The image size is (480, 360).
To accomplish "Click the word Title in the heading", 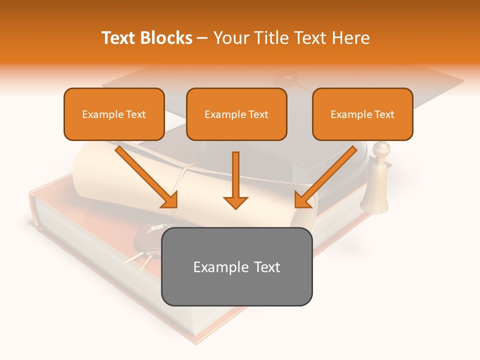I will (272, 38).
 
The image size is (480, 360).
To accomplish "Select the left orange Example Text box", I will (114, 114).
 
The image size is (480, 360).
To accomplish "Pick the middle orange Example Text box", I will (236, 114).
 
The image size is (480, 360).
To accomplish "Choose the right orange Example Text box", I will (362, 114).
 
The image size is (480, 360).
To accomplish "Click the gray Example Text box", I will (236, 266).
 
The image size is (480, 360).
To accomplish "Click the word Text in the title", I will (120, 38).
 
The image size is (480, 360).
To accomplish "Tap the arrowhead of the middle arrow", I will (235, 202).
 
